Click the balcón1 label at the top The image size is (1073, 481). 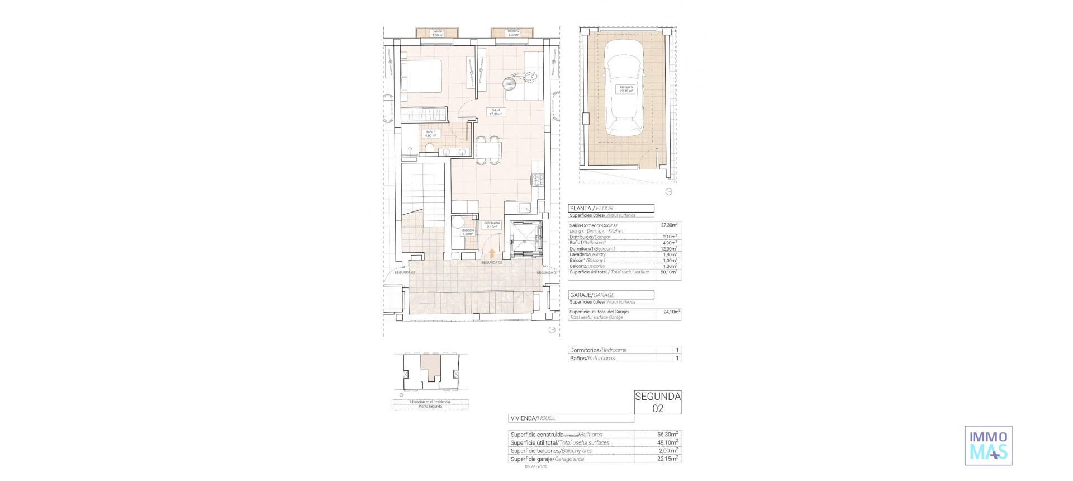click(438, 33)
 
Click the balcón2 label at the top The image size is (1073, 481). click(513, 33)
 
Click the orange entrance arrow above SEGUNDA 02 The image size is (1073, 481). click(492, 253)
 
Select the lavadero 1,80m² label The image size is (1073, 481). click(468, 232)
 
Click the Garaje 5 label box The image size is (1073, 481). click(626, 89)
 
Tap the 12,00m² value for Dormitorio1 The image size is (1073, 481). click(668, 248)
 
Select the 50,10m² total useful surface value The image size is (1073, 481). click(668, 272)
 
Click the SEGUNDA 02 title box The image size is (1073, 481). click(658, 402)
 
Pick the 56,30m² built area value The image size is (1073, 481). click(668, 434)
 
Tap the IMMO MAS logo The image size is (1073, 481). click(988, 445)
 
